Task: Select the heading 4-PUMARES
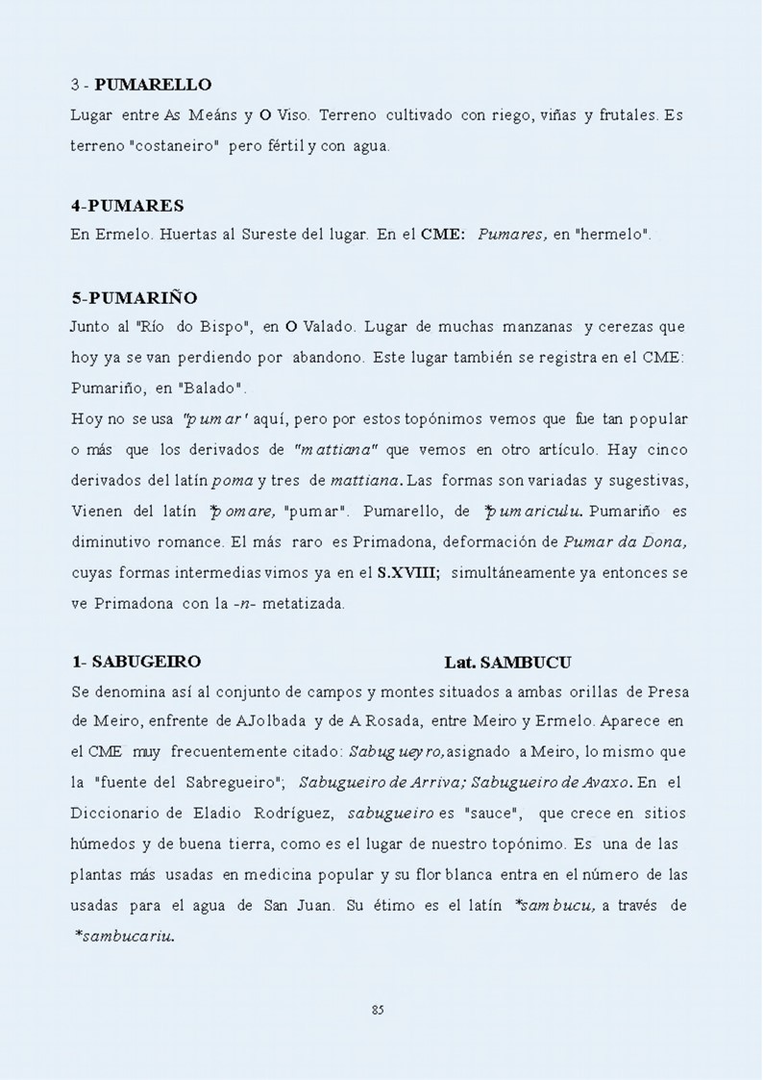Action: pyautogui.click(x=128, y=206)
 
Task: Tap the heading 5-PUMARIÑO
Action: pyautogui.click(x=134, y=297)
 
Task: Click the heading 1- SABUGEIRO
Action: pyautogui.click(x=136, y=662)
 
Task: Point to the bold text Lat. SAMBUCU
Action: pyautogui.click(x=507, y=663)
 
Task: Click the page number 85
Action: pyautogui.click(x=378, y=1009)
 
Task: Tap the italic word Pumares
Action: pyautogui.click(x=512, y=234)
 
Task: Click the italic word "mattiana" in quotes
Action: pyautogui.click(x=336, y=449)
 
